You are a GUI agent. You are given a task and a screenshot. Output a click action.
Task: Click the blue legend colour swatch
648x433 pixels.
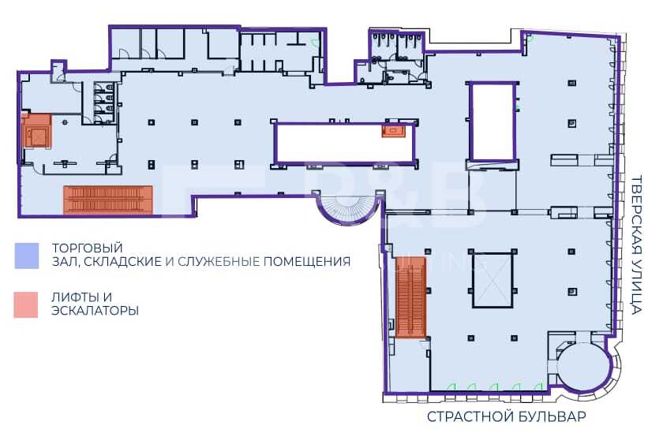coord(27,256)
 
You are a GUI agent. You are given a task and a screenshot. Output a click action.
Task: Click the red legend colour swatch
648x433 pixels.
coord(26,304)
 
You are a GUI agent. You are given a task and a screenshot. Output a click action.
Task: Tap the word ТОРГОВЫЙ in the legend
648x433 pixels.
coord(87,248)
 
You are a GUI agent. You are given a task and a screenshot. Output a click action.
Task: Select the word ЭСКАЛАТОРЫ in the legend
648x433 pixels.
coord(95,311)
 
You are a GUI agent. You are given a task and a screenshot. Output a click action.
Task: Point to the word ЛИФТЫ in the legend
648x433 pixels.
coord(77,297)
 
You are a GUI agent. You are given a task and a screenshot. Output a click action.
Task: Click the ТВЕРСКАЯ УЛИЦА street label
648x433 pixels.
coord(637,245)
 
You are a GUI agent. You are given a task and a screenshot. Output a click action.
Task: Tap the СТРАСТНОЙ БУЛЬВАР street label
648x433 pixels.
coord(507,416)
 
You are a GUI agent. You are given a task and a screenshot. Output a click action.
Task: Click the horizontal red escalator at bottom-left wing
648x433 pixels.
coord(108,200)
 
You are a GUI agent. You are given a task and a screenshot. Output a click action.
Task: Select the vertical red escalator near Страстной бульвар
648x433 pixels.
coord(410,297)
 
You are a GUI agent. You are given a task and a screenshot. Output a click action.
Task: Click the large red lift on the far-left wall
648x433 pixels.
coord(37,130)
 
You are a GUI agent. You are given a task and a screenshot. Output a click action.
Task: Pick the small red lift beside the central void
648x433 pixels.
coord(392,131)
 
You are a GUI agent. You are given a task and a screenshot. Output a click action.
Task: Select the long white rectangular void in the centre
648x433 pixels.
coord(344,143)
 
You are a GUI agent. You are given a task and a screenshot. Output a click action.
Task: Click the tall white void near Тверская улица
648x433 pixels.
coord(492,121)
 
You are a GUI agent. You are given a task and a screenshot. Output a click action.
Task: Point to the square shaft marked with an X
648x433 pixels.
coord(493,280)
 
